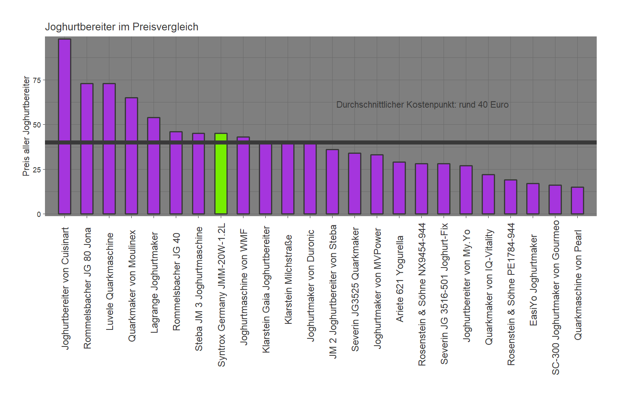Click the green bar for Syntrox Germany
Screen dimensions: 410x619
tap(221, 174)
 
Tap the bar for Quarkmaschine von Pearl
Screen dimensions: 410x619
tap(577, 200)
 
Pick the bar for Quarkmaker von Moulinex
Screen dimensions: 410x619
tap(131, 156)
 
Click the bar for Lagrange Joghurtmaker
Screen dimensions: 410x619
tap(154, 166)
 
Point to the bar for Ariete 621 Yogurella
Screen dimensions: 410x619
tap(399, 188)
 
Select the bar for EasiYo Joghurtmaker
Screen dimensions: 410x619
tap(533, 199)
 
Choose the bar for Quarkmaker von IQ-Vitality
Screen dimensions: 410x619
tap(488, 194)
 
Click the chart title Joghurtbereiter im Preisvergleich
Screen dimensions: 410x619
tap(122, 27)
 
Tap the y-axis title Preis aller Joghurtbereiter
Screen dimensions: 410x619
tap(26, 126)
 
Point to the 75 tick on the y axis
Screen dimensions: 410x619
tap(37, 80)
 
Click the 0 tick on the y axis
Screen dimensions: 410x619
tap(39, 214)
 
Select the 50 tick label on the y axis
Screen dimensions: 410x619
tap(37, 125)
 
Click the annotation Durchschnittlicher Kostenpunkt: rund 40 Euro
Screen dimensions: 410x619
tap(422, 105)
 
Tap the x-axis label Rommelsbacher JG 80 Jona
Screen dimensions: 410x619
tap(88, 288)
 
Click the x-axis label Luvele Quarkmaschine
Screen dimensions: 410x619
tap(110, 281)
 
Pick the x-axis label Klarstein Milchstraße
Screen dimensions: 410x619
tap(288, 279)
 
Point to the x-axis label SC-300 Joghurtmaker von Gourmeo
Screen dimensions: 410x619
tap(555, 297)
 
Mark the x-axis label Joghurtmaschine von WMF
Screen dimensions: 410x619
tap(243, 287)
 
